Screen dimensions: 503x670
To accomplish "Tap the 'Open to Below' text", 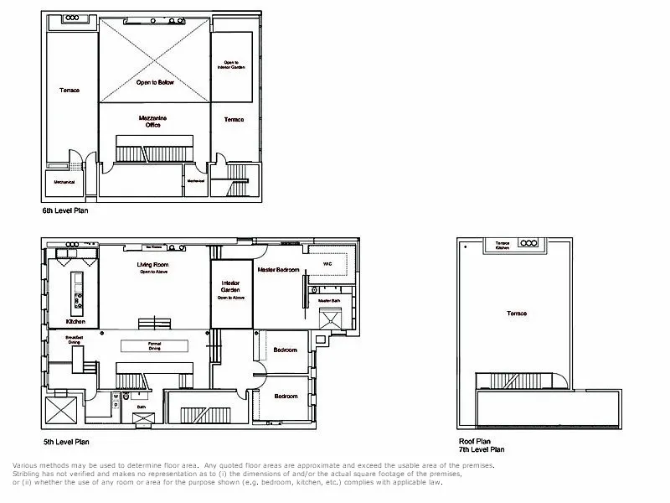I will tap(154, 83).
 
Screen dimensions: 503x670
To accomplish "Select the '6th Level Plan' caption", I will tap(65, 211).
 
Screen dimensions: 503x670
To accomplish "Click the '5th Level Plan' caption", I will tap(65, 441).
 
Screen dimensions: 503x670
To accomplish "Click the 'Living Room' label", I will tap(153, 266).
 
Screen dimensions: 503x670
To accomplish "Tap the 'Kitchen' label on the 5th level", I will tap(76, 321).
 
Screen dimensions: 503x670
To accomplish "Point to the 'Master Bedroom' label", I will tap(279, 268).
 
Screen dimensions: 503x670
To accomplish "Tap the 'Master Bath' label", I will tap(327, 300).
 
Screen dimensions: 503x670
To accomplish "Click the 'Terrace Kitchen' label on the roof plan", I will tap(503, 246).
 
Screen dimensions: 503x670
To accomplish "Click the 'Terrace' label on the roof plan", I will tap(517, 314).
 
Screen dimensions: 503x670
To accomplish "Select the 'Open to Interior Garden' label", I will tap(232, 65).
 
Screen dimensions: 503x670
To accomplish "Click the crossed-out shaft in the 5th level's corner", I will tap(60, 413).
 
